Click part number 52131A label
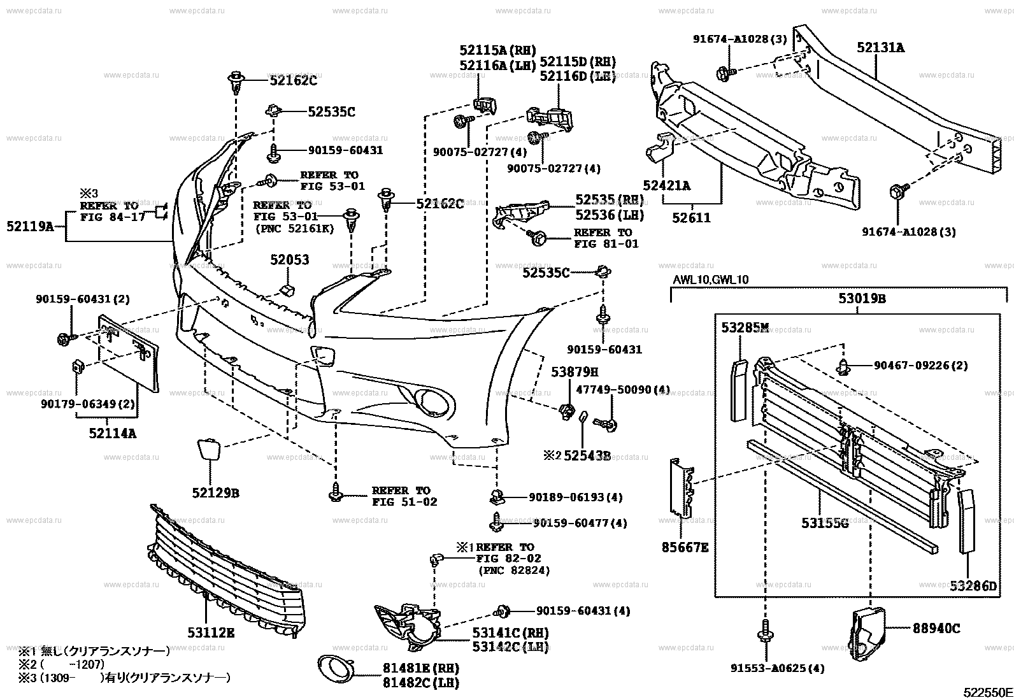[x=880, y=48]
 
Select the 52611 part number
[x=692, y=218]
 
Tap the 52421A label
[x=666, y=185]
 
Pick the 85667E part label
[x=684, y=547]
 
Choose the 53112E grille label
[x=211, y=632]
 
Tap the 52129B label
[x=215, y=493]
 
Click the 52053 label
[x=289, y=260]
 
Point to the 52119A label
[x=30, y=225]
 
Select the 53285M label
[x=745, y=328]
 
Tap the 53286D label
[x=973, y=585]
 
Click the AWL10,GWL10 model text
[x=711, y=280]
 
